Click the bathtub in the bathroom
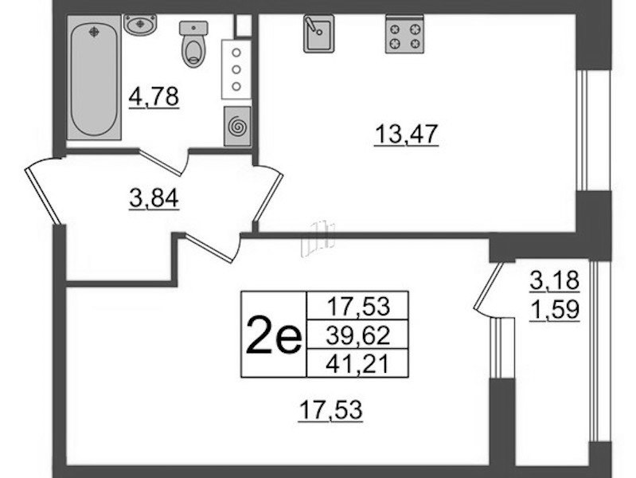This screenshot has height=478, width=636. (94, 77)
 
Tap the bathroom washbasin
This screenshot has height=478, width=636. (140, 25)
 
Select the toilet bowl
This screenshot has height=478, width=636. (194, 45)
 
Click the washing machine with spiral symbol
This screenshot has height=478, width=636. (237, 126)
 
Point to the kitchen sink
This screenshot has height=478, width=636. (319, 33)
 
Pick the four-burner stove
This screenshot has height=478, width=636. (404, 34)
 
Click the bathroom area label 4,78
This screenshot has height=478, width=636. (154, 97)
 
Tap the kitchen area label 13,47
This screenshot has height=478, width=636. (407, 134)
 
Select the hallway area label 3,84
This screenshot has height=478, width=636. (154, 199)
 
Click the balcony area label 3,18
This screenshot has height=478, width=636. (555, 280)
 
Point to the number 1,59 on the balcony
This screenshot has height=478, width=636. (555, 310)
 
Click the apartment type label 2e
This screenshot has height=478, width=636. (274, 335)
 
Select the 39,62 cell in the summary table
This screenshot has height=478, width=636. (357, 335)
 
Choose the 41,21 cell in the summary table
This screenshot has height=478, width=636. (357, 363)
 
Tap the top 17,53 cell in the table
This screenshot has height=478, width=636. (357, 306)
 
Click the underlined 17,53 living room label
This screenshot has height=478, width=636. (330, 409)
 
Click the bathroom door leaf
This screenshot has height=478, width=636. (160, 163)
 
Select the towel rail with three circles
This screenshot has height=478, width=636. (236, 69)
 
